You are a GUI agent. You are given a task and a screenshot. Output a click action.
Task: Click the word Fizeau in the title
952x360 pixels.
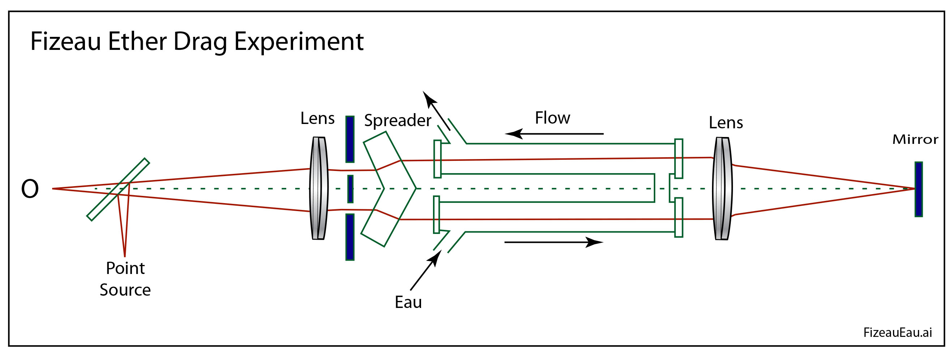65,41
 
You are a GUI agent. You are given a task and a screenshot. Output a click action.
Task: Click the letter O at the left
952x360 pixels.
30,189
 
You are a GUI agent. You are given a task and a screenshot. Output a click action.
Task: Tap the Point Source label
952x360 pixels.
125,279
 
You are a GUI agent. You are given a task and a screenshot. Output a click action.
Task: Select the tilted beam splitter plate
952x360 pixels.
118,189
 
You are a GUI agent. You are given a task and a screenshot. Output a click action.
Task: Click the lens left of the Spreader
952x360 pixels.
318,189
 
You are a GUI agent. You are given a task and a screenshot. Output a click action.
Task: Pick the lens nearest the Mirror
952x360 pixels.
722,189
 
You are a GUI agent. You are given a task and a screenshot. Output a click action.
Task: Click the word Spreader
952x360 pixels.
398,120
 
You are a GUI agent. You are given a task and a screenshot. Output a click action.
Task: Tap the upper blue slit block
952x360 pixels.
350,140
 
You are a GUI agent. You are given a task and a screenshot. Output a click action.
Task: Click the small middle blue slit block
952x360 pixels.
350,189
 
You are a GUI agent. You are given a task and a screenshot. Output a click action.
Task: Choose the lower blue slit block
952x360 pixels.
350,237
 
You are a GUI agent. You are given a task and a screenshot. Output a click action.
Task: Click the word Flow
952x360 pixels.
553,118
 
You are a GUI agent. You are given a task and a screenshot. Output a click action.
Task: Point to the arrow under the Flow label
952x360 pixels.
554,134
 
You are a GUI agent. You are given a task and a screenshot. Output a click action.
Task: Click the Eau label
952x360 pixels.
408,302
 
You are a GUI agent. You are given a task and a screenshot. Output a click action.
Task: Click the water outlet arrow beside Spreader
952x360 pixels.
436,111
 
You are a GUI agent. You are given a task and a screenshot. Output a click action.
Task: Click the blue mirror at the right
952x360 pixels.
919,189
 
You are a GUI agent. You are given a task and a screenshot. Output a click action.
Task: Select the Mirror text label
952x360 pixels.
915,140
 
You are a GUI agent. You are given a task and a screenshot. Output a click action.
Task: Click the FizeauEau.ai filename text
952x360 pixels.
897,333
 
